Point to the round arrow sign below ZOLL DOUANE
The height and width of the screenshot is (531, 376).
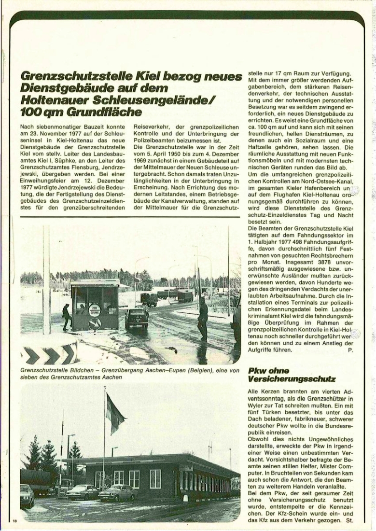coord(95,323)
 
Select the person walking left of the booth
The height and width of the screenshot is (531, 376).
coord(66,317)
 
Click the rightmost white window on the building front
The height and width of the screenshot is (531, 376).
coord(155,478)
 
